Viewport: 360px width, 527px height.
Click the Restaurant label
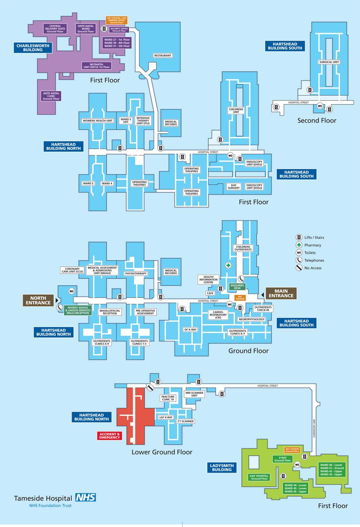coord(163,55)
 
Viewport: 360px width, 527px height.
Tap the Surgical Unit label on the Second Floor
coord(329,62)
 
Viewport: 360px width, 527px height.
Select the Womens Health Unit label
coord(98,121)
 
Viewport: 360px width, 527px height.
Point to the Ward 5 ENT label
coord(126,121)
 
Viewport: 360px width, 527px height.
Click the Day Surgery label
coord(234,187)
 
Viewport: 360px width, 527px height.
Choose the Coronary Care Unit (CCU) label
coord(72,270)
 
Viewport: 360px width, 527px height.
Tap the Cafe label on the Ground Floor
coord(210,293)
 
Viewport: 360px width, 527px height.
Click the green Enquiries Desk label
coord(237,287)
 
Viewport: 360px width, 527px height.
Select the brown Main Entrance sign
coord(281,293)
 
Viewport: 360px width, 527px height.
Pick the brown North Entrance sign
coord(38,300)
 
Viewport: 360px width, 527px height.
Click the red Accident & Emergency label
coord(109,436)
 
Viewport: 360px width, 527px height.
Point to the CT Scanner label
coord(185,421)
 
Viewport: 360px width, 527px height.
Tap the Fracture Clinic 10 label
coord(168,398)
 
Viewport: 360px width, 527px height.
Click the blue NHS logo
coord(85,497)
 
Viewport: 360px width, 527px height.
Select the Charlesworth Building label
coord(33,48)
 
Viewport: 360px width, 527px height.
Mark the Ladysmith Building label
coord(222,468)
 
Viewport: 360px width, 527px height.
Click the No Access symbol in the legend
coord(299,268)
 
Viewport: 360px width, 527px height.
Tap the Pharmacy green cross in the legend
coord(299,245)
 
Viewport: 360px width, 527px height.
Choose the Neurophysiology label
coord(252,319)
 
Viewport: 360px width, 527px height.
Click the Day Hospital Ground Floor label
coord(259,477)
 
